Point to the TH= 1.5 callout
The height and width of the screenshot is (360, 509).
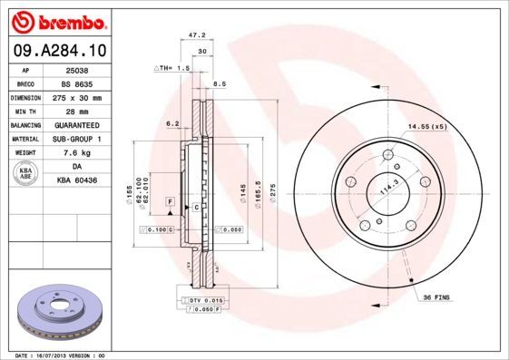pyautogui.click(x=171, y=68)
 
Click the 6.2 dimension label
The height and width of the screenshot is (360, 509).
pyautogui.click(x=171, y=122)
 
